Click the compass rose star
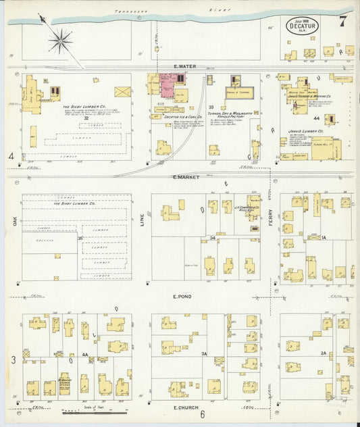[60, 42]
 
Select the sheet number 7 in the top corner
[343, 21]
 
